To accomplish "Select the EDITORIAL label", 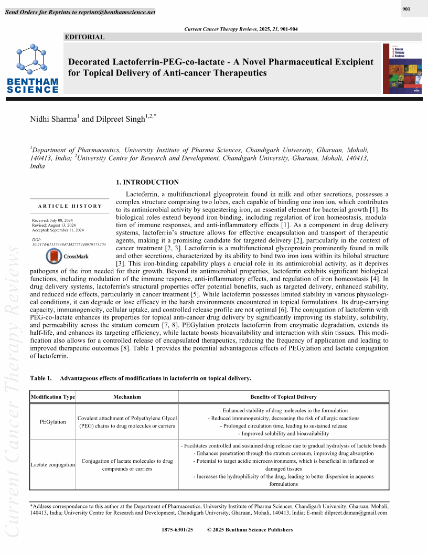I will (84, 37).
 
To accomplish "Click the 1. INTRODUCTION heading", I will (147, 183).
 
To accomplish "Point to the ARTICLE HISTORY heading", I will (70, 206).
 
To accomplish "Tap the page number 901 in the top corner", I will (406, 9).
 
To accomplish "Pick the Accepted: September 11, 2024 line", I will (58, 230).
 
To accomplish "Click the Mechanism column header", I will (127, 397).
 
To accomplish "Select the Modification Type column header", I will (53, 397).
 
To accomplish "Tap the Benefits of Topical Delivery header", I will (284, 397).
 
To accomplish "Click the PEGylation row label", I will (53, 422).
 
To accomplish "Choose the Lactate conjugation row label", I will (53, 465).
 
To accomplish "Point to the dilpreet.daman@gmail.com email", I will (356, 513).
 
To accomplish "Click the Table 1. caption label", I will (41, 378).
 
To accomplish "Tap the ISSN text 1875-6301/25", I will (178, 530).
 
